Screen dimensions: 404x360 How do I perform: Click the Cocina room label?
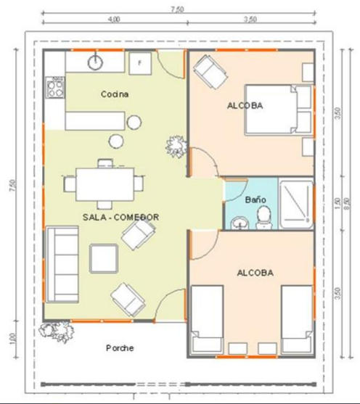[x=115, y=94]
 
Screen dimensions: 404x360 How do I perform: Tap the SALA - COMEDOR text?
[x=120, y=216]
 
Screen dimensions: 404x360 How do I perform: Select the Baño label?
[x=255, y=199]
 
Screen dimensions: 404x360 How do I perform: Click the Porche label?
[x=120, y=347]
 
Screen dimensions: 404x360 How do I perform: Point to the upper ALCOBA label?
[x=245, y=106]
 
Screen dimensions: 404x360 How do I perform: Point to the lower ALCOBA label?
[x=255, y=273]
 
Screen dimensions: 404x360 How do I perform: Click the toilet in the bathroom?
[x=264, y=215]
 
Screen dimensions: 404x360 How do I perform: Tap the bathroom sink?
[x=239, y=222]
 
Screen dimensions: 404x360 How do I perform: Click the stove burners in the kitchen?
[x=54, y=89]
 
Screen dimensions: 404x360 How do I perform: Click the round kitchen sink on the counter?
[x=96, y=62]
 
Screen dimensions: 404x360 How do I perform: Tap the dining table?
[x=105, y=182]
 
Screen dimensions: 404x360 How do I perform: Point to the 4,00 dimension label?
[x=113, y=20]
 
